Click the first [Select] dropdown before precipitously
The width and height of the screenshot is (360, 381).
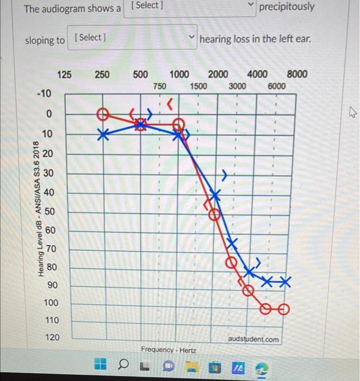click(190, 7)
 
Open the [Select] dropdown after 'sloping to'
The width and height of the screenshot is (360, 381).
click(132, 38)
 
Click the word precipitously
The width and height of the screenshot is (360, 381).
click(287, 7)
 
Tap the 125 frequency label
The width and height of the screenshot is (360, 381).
click(64, 75)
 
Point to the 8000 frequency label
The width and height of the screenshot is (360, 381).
click(296, 75)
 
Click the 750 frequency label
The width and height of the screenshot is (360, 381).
click(159, 86)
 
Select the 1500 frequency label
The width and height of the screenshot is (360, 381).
click(198, 86)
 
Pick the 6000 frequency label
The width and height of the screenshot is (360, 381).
click(276, 86)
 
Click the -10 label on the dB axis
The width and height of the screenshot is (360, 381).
click(44, 94)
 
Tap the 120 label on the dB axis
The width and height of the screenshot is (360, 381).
click(52, 337)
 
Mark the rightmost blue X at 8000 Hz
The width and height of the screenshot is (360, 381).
click(285, 281)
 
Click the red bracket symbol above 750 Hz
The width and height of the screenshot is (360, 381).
click(171, 102)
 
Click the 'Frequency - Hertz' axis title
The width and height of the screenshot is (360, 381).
click(169, 349)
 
